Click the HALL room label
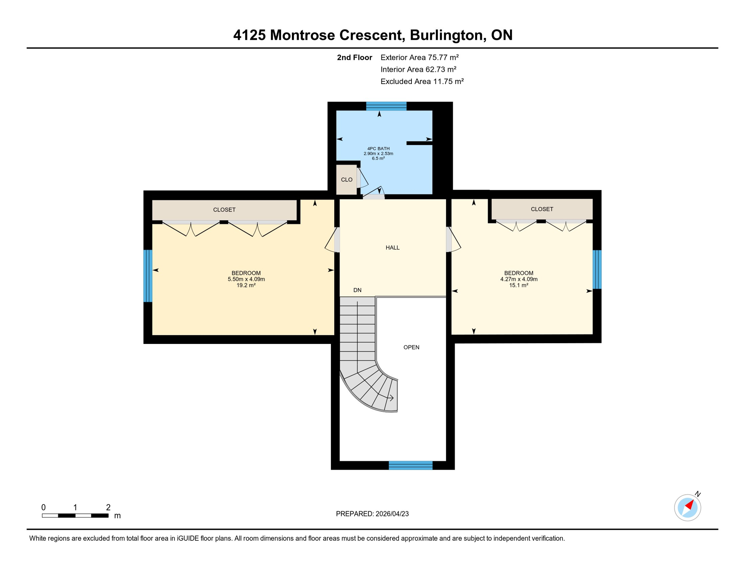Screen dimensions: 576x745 click(x=392, y=247)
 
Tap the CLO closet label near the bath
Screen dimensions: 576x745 click(x=347, y=180)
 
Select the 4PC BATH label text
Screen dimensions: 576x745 click(x=378, y=148)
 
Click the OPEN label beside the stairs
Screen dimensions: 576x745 click(x=411, y=347)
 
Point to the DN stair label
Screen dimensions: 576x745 click(x=357, y=290)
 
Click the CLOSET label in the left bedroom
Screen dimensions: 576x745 click(x=224, y=210)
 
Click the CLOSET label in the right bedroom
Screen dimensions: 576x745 click(x=542, y=209)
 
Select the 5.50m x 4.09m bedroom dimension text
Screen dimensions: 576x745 click(x=246, y=279)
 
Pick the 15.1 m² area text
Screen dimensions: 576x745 click(x=518, y=285)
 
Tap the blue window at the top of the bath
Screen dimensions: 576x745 click(x=386, y=106)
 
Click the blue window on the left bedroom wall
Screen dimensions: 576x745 click(x=148, y=276)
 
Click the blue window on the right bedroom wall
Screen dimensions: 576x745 click(x=597, y=269)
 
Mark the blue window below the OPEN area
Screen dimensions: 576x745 click(x=410, y=465)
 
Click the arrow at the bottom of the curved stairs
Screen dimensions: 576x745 click(x=390, y=397)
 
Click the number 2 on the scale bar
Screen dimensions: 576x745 click(x=108, y=507)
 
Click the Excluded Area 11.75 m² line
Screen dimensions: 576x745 click(x=422, y=81)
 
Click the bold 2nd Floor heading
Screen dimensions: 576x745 click(x=354, y=57)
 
